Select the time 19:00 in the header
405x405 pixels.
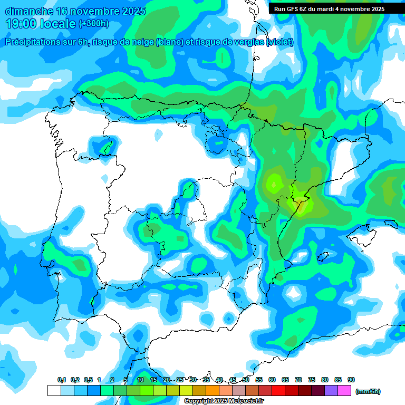(21, 24)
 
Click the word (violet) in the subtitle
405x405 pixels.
(281, 42)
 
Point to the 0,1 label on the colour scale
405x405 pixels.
(62, 380)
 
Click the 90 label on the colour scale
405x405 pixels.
(351, 380)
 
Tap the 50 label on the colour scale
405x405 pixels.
(246, 380)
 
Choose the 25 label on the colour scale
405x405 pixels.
(180, 380)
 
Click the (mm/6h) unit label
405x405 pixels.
(368, 391)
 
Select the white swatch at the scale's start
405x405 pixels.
(54, 390)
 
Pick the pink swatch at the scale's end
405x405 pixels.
(344, 390)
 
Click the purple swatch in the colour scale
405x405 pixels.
(331, 390)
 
